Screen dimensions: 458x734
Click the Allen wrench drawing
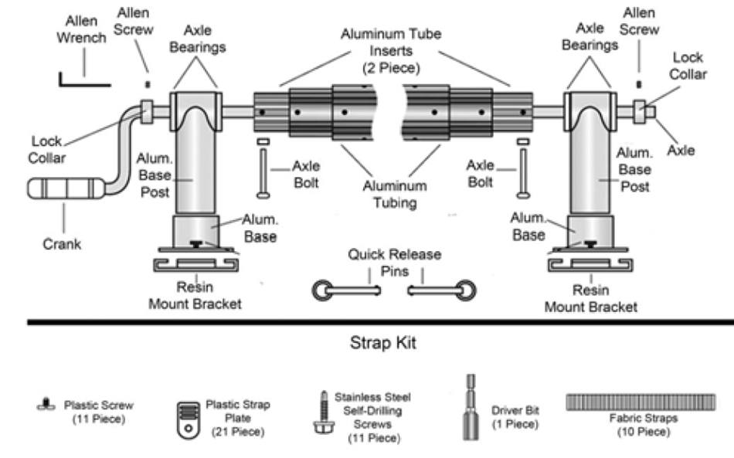click(x=73, y=78)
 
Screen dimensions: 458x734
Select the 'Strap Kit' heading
click(x=382, y=343)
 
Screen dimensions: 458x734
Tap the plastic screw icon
click(x=47, y=402)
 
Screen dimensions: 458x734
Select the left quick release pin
click(x=345, y=290)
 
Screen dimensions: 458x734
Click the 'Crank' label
click(x=61, y=244)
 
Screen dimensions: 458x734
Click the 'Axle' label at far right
click(x=681, y=150)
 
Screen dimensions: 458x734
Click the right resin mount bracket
click(x=592, y=265)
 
